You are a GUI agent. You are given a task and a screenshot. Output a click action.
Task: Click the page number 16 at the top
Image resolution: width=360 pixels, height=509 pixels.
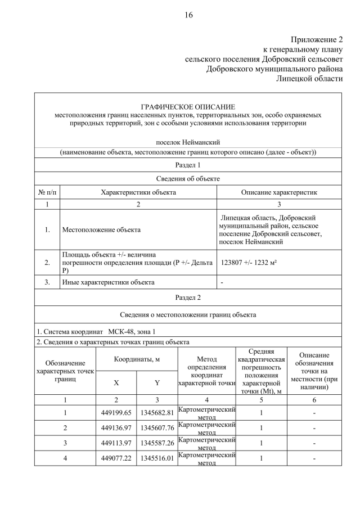(188, 15)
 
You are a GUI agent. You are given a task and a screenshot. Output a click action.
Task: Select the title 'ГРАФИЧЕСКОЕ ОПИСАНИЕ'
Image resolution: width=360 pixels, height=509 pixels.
(188, 106)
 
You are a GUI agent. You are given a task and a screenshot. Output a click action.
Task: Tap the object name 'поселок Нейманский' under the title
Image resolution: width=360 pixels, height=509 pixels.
(188, 143)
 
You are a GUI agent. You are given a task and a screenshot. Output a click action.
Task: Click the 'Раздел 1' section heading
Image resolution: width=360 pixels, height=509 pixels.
(188, 165)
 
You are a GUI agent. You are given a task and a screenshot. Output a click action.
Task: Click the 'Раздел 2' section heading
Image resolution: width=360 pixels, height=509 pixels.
(188, 297)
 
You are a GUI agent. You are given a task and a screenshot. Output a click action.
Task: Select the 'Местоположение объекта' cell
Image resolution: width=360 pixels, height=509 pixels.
(101, 229)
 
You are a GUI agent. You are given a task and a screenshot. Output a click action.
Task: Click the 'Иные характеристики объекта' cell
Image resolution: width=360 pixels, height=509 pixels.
(108, 282)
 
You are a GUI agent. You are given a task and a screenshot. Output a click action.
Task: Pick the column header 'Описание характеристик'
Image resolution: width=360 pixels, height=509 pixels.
(279, 192)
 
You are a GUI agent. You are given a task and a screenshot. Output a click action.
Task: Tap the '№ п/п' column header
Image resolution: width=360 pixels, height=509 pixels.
(47, 192)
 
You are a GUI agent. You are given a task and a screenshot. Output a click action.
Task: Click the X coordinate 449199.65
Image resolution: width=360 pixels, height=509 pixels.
(116, 413)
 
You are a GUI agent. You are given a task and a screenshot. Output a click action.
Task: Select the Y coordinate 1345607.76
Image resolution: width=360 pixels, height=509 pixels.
(157, 428)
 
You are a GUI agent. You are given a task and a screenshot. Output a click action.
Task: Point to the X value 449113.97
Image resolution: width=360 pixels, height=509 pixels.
(116, 443)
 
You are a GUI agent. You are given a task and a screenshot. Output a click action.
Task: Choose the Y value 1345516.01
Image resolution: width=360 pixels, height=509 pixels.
(157, 458)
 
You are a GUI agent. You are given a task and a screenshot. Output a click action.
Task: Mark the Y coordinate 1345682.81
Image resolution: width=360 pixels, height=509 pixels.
(157, 413)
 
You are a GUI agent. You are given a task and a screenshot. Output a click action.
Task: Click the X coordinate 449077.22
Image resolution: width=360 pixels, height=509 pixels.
(116, 458)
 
